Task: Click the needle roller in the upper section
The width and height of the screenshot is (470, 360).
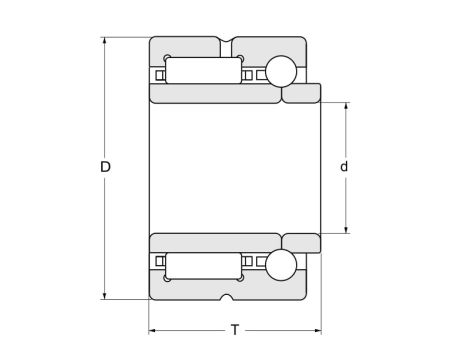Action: pos(204,73)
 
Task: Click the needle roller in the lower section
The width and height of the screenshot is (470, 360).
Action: pos(204,265)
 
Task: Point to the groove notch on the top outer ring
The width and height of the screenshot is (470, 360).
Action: pos(230,43)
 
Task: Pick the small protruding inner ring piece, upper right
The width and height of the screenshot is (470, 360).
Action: pos(301,94)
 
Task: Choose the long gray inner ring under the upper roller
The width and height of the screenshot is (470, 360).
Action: pos(214,95)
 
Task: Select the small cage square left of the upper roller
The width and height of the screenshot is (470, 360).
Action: pos(159,74)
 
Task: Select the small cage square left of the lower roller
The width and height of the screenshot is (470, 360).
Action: pos(159,264)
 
